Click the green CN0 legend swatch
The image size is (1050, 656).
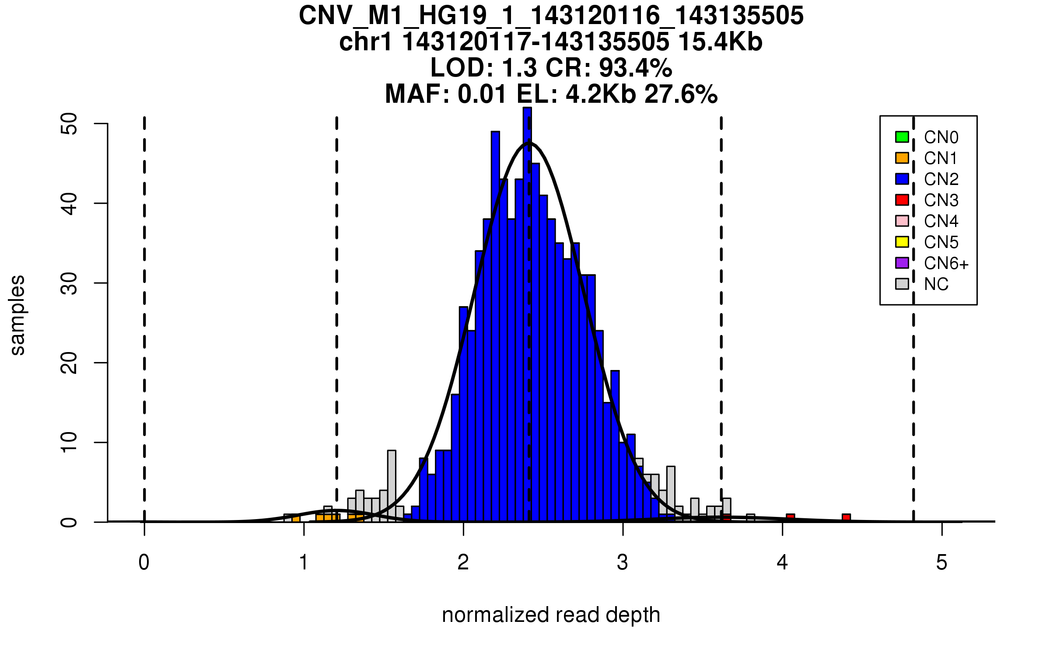902,137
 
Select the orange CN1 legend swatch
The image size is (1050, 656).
902,158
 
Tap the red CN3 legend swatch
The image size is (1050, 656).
902,200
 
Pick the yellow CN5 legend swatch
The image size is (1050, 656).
902,242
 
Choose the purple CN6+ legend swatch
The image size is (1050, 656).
902,263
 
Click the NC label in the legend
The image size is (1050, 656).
936,284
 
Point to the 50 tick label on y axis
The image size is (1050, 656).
69,124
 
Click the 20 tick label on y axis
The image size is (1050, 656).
69,363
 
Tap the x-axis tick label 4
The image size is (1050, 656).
782,562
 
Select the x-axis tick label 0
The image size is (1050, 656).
144,562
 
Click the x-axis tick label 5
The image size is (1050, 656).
941,562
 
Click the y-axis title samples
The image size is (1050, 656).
17,315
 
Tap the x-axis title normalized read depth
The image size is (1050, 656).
551,615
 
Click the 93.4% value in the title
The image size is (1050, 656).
635,68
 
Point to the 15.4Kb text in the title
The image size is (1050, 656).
720,42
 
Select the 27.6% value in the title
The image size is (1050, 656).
681,94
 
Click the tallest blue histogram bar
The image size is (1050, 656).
527,315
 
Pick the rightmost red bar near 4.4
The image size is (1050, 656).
846,518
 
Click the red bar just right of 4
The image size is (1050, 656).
790,518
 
